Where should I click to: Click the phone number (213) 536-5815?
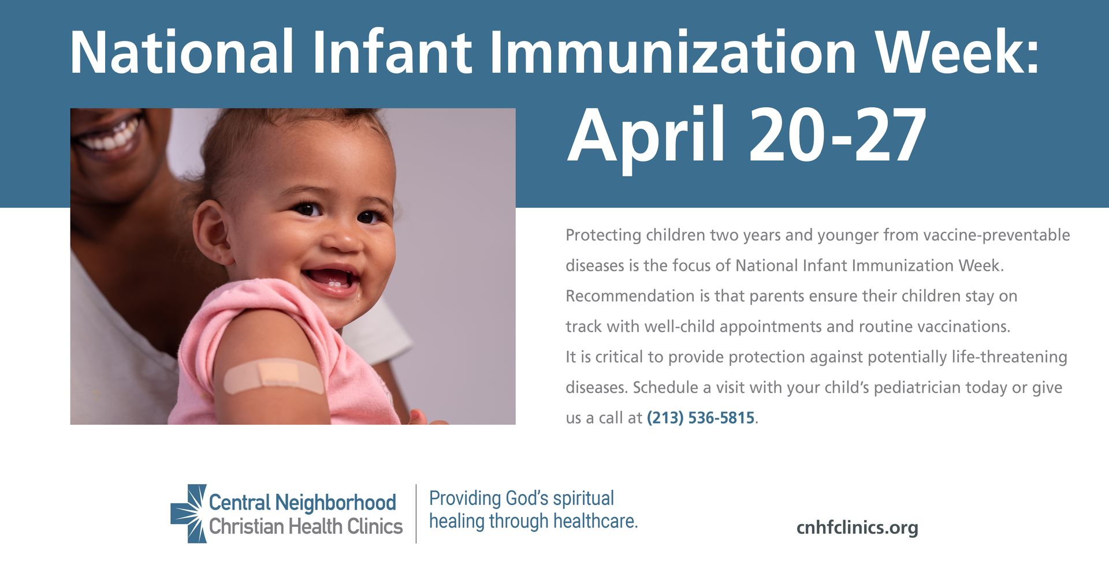701,418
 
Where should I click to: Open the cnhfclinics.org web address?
857,527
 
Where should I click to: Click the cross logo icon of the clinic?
189,514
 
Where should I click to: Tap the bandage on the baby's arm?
274,375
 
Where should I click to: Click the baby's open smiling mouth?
331,280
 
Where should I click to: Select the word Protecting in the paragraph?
604,235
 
